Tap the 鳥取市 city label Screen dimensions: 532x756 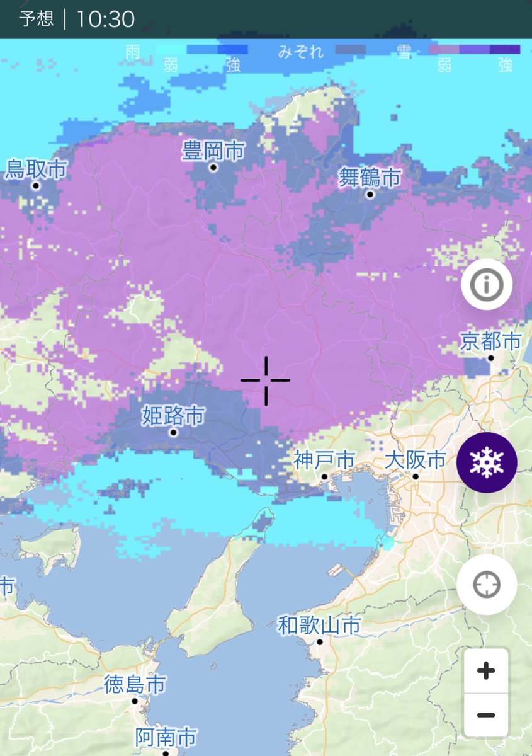coord(36,169)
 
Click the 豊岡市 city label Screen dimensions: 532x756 coord(213,151)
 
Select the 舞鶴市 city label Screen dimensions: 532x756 coord(370,178)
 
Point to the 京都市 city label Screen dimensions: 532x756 coord(490,341)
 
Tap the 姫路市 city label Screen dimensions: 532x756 coord(173,416)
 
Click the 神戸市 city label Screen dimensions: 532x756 coord(324,460)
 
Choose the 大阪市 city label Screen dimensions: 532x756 coord(416,460)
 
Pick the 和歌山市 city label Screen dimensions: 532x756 coord(319,626)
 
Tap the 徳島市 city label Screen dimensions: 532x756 coord(135,684)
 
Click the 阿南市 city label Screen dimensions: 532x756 coord(166,736)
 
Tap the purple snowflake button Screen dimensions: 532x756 coord(487,462)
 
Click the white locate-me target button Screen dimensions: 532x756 coord(487,585)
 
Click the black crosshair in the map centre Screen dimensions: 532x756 coord(266,380)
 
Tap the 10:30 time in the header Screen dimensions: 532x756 coord(105,19)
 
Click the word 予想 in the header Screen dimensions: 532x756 coord(37,19)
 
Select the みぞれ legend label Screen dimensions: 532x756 coord(301,52)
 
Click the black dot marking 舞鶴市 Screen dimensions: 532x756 coord(370,195)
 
